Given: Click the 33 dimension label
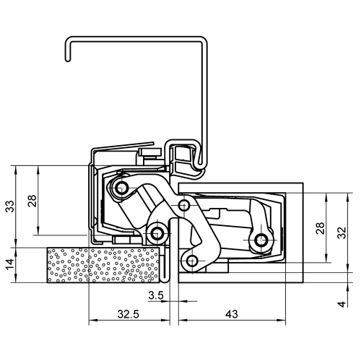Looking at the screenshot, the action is (10, 206).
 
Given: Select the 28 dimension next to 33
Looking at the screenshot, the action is (32, 201).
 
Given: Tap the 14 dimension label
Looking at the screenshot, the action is (10, 264).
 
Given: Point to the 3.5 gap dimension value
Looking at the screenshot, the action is (156, 295).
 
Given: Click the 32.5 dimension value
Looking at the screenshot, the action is (129, 314).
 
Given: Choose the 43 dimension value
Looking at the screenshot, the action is (232, 314).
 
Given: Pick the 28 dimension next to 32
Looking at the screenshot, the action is (321, 228).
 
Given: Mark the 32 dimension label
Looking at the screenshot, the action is (342, 232).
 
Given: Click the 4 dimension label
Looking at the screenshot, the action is (342, 305).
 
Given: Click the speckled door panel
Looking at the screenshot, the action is (103, 265).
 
